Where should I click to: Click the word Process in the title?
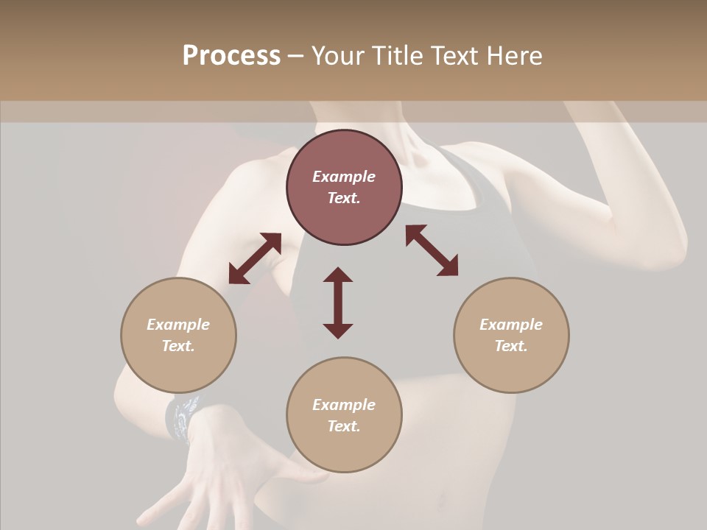tap(231, 56)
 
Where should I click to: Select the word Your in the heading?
tap(338, 56)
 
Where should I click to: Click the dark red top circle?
tap(344, 187)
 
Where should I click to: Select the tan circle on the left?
tap(178, 335)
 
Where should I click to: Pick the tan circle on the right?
tap(511, 335)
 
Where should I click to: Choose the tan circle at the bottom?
tap(344, 415)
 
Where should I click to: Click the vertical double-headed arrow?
tap(338, 303)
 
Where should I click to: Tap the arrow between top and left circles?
tap(255, 258)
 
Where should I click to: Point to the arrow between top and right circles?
tap(432, 250)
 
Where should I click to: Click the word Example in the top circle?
tap(344, 177)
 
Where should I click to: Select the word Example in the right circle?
tap(511, 325)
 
